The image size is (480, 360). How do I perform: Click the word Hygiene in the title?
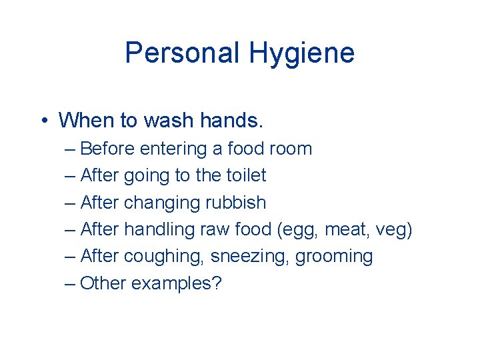[x=303, y=53]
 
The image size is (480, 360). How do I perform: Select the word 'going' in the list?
[x=145, y=175]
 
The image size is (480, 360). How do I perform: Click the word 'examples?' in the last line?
[x=176, y=283]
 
